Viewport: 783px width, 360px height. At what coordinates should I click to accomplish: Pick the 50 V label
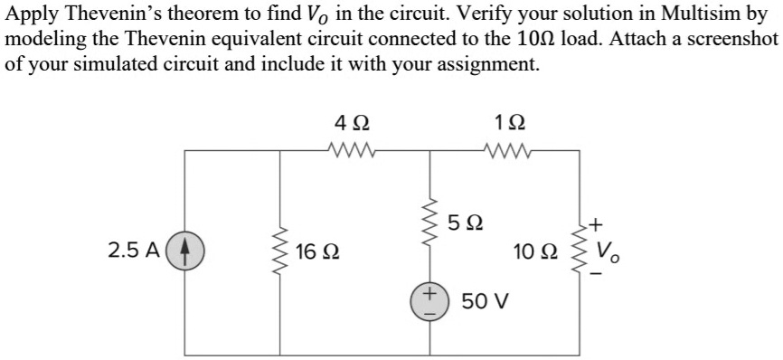click(x=487, y=299)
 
